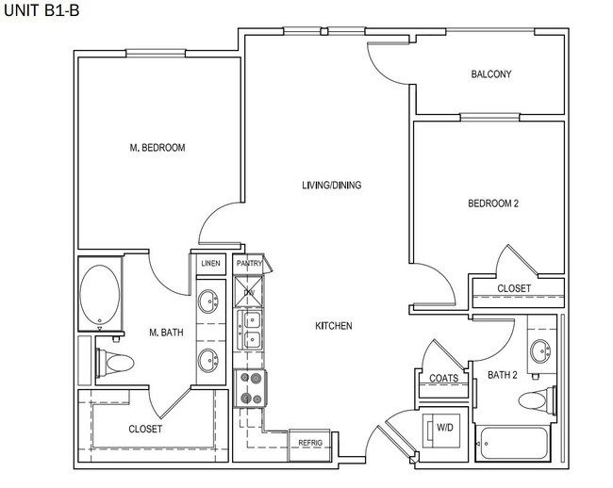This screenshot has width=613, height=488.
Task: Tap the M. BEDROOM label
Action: (157, 148)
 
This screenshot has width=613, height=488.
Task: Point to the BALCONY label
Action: (490, 74)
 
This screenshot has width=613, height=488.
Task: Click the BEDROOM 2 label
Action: (494, 203)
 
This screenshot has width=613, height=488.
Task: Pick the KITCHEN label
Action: (334, 326)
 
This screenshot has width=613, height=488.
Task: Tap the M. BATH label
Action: (166, 332)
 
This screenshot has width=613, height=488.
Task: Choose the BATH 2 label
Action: (502, 375)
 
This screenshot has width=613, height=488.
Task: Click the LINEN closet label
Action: (209, 264)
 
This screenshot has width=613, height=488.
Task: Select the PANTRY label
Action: (250, 264)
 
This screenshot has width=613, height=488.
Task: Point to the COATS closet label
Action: (443, 379)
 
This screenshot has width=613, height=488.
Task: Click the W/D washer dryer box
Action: (442, 429)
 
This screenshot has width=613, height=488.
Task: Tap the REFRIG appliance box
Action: (310, 442)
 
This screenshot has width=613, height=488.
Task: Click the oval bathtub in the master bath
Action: (100, 294)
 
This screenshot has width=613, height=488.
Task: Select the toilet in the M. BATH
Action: (118, 362)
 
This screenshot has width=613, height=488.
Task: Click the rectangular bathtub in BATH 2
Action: (512, 445)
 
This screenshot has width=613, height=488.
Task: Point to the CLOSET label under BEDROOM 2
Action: (514, 288)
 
